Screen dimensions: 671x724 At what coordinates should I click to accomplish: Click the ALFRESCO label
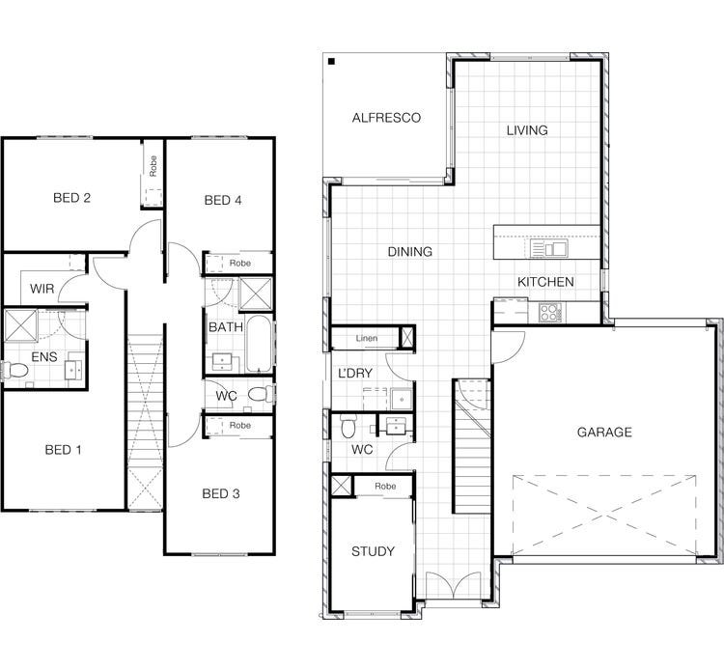(x=386, y=118)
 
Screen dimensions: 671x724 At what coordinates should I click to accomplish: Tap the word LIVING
(x=527, y=130)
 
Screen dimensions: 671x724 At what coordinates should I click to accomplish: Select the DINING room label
(x=409, y=252)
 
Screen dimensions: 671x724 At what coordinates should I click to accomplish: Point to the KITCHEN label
(x=545, y=282)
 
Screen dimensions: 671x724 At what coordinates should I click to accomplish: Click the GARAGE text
(x=603, y=433)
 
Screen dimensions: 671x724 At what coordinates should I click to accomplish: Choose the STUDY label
(x=373, y=552)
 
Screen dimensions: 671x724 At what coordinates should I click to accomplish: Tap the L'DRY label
(x=354, y=373)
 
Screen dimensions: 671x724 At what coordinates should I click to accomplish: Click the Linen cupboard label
(x=366, y=339)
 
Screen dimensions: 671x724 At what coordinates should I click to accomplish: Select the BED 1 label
(x=64, y=450)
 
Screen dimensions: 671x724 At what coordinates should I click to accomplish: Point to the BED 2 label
(x=71, y=199)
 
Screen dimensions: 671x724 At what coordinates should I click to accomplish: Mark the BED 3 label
(x=221, y=494)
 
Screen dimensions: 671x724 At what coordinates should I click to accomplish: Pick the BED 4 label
(x=223, y=201)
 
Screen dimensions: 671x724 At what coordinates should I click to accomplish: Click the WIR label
(x=42, y=289)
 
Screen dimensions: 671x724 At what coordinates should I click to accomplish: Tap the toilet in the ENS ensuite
(x=16, y=370)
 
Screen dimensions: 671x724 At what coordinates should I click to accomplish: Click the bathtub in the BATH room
(x=258, y=344)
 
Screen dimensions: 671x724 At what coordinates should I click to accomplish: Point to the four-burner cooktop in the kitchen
(x=549, y=312)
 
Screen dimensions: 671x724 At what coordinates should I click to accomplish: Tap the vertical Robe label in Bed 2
(x=153, y=165)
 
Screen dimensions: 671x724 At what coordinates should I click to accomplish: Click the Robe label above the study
(x=385, y=487)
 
